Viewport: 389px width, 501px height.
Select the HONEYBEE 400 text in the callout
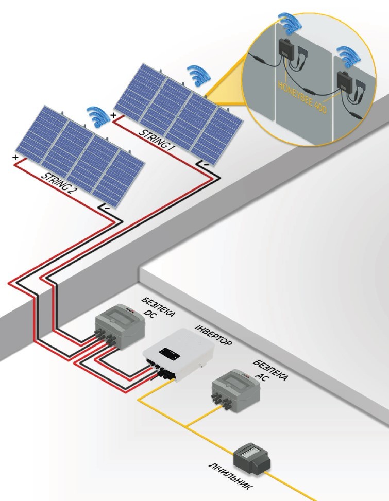pos(302,96)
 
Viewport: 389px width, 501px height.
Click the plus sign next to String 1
pos(113,115)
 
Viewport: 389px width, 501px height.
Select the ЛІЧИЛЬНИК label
pos(231,476)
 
